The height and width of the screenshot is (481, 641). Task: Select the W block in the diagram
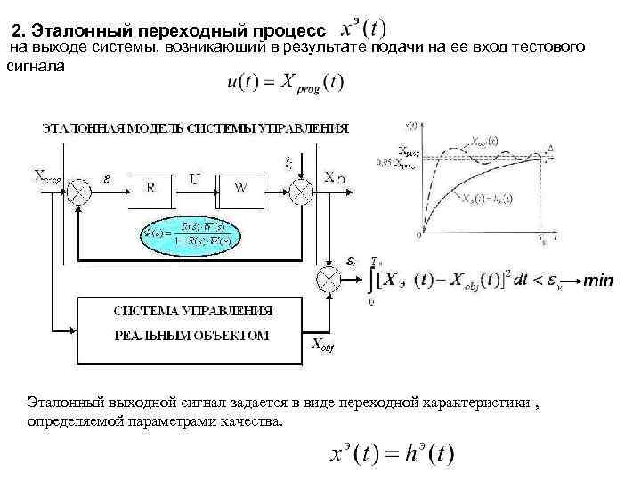241,188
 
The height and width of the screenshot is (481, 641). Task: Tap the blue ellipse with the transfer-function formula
191,234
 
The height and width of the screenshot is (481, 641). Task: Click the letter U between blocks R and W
194,178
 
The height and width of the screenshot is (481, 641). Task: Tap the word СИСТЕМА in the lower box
144,311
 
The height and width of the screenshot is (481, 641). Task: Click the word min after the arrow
598,281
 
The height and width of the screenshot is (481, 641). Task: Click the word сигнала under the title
35,65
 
